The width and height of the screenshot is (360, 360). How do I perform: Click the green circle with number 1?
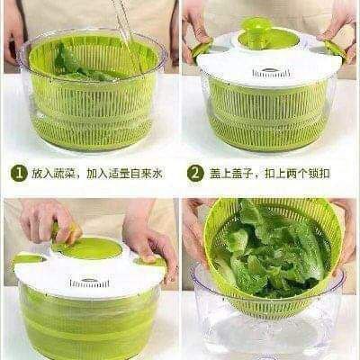(19, 174)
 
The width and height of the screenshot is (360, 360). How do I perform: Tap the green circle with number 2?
(195, 174)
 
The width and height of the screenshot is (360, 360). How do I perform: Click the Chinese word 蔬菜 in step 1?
(65, 174)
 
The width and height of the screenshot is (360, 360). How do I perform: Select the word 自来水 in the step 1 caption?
(147, 174)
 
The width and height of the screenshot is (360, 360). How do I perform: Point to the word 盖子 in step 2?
(241, 174)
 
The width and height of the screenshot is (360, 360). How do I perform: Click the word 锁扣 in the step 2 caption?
(319, 174)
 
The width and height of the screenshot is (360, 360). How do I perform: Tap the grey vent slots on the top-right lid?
(271, 73)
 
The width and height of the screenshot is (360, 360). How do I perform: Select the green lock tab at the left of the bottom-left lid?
(29, 258)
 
